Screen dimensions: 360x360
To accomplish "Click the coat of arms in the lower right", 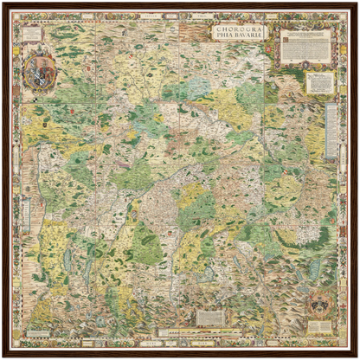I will tap(319, 302).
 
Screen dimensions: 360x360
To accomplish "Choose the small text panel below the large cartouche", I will tap(320, 82).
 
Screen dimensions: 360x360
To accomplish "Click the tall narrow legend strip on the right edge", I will tap(332, 130).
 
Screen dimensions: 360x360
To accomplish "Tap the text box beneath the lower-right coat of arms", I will tap(320, 326).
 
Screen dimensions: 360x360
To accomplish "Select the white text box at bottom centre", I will tap(209, 318).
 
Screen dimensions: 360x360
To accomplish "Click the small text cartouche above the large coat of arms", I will tap(32, 35).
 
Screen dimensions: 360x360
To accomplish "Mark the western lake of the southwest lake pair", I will tap(67, 260).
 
